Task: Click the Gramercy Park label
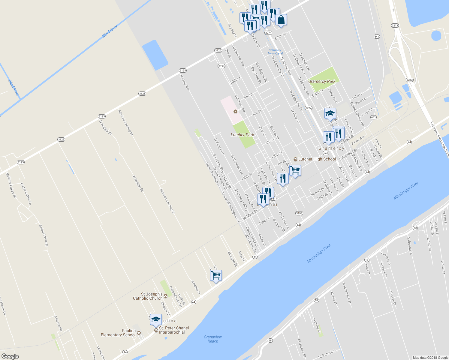(322, 81)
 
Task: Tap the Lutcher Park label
(242, 135)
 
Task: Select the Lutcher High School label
(317, 159)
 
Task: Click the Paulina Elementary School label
(118, 333)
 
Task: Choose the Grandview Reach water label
(213, 339)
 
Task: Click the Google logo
(10, 356)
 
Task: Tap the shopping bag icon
(281, 20)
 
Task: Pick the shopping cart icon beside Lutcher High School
(295, 170)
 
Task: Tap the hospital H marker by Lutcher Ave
(236, 112)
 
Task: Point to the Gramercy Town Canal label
(275, 52)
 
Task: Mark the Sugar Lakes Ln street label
(26, 194)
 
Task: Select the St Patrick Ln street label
(328, 354)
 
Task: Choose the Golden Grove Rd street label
(357, 114)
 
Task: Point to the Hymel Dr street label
(318, 192)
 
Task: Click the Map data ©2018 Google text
(430, 358)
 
